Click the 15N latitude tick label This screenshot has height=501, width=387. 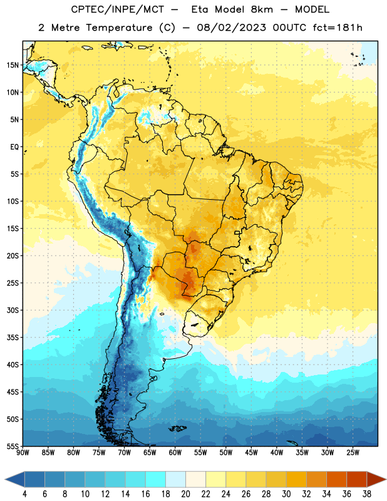coord(13,65)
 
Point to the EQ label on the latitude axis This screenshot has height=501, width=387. coord(14,147)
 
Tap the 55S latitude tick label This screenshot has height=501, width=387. coord(13,446)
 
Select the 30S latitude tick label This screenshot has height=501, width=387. coord(13,310)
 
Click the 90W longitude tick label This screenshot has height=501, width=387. coord(23,453)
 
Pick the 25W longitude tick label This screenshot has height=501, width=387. coord(353,453)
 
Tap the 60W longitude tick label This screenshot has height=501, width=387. coord(175,453)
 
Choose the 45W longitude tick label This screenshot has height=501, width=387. coord(251,453)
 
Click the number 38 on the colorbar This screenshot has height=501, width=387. coord(367,494)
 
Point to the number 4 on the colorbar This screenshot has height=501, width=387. coord(24,494)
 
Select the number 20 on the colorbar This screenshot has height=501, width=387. coord(185,494)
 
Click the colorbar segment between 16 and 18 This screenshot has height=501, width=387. coord(156,479)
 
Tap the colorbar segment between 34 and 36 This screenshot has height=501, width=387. coord(337,479)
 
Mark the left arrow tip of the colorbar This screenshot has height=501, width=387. coord(5,480)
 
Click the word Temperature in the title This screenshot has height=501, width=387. coord(119,28)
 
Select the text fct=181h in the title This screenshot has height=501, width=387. coord(338,28)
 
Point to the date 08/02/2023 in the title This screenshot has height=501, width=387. coord(231,28)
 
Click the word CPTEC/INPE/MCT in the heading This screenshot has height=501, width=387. coord(117,9)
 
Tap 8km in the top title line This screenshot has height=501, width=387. coord(262,9)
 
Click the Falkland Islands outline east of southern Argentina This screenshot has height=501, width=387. coord(178,428)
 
